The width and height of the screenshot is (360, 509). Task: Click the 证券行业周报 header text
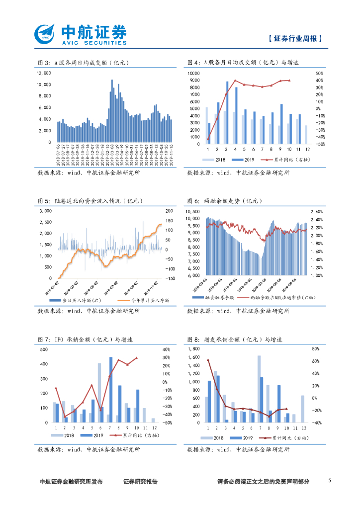[x=295, y=38]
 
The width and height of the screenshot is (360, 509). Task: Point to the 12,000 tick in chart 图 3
[x=44, y=73]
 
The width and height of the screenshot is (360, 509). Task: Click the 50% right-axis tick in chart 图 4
[x=319, y=73]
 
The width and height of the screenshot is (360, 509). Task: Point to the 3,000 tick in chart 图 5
[x=45, y=211]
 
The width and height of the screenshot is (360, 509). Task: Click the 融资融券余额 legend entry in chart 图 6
[x=211, y=297]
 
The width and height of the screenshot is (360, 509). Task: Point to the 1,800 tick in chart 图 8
[x=193, y=349]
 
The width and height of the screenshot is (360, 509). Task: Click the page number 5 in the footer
[x=330, y=481]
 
